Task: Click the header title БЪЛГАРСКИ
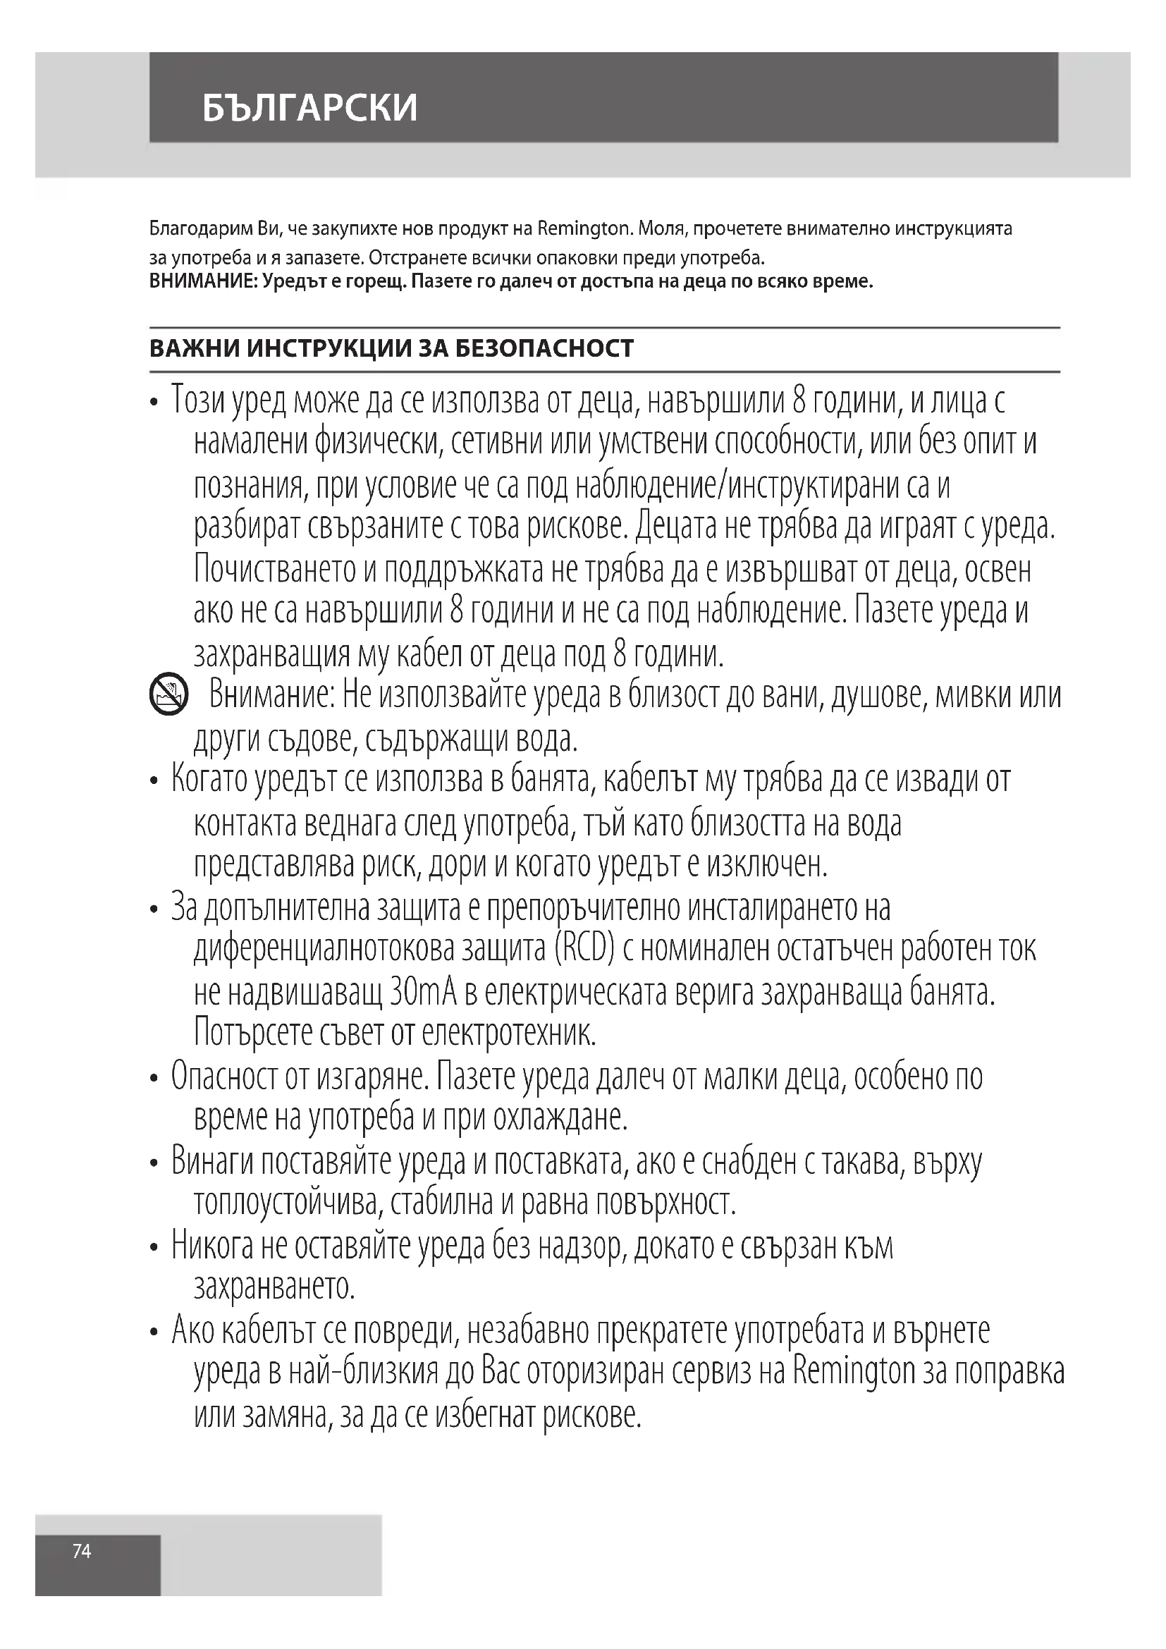[x=309, y=108]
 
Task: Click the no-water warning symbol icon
[x=168, y=694]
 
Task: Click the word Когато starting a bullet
[x=208, y=780]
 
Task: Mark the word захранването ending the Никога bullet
[x=274, y=1288]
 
